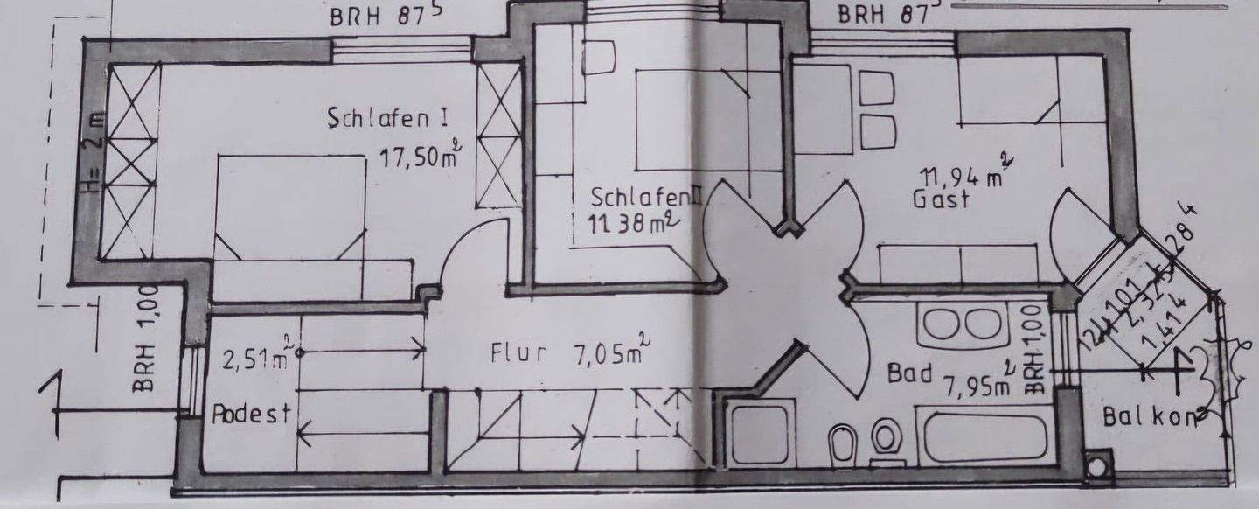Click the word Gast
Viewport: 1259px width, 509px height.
(x=942, y=199)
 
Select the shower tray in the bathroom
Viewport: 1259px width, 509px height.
(x=762, y=434)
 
